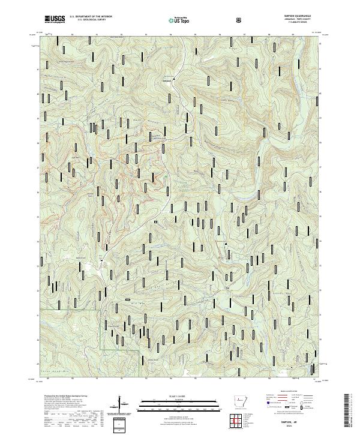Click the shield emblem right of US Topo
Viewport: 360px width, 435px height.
tap(239, 20)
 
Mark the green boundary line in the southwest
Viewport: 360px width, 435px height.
tap(101, 330)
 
